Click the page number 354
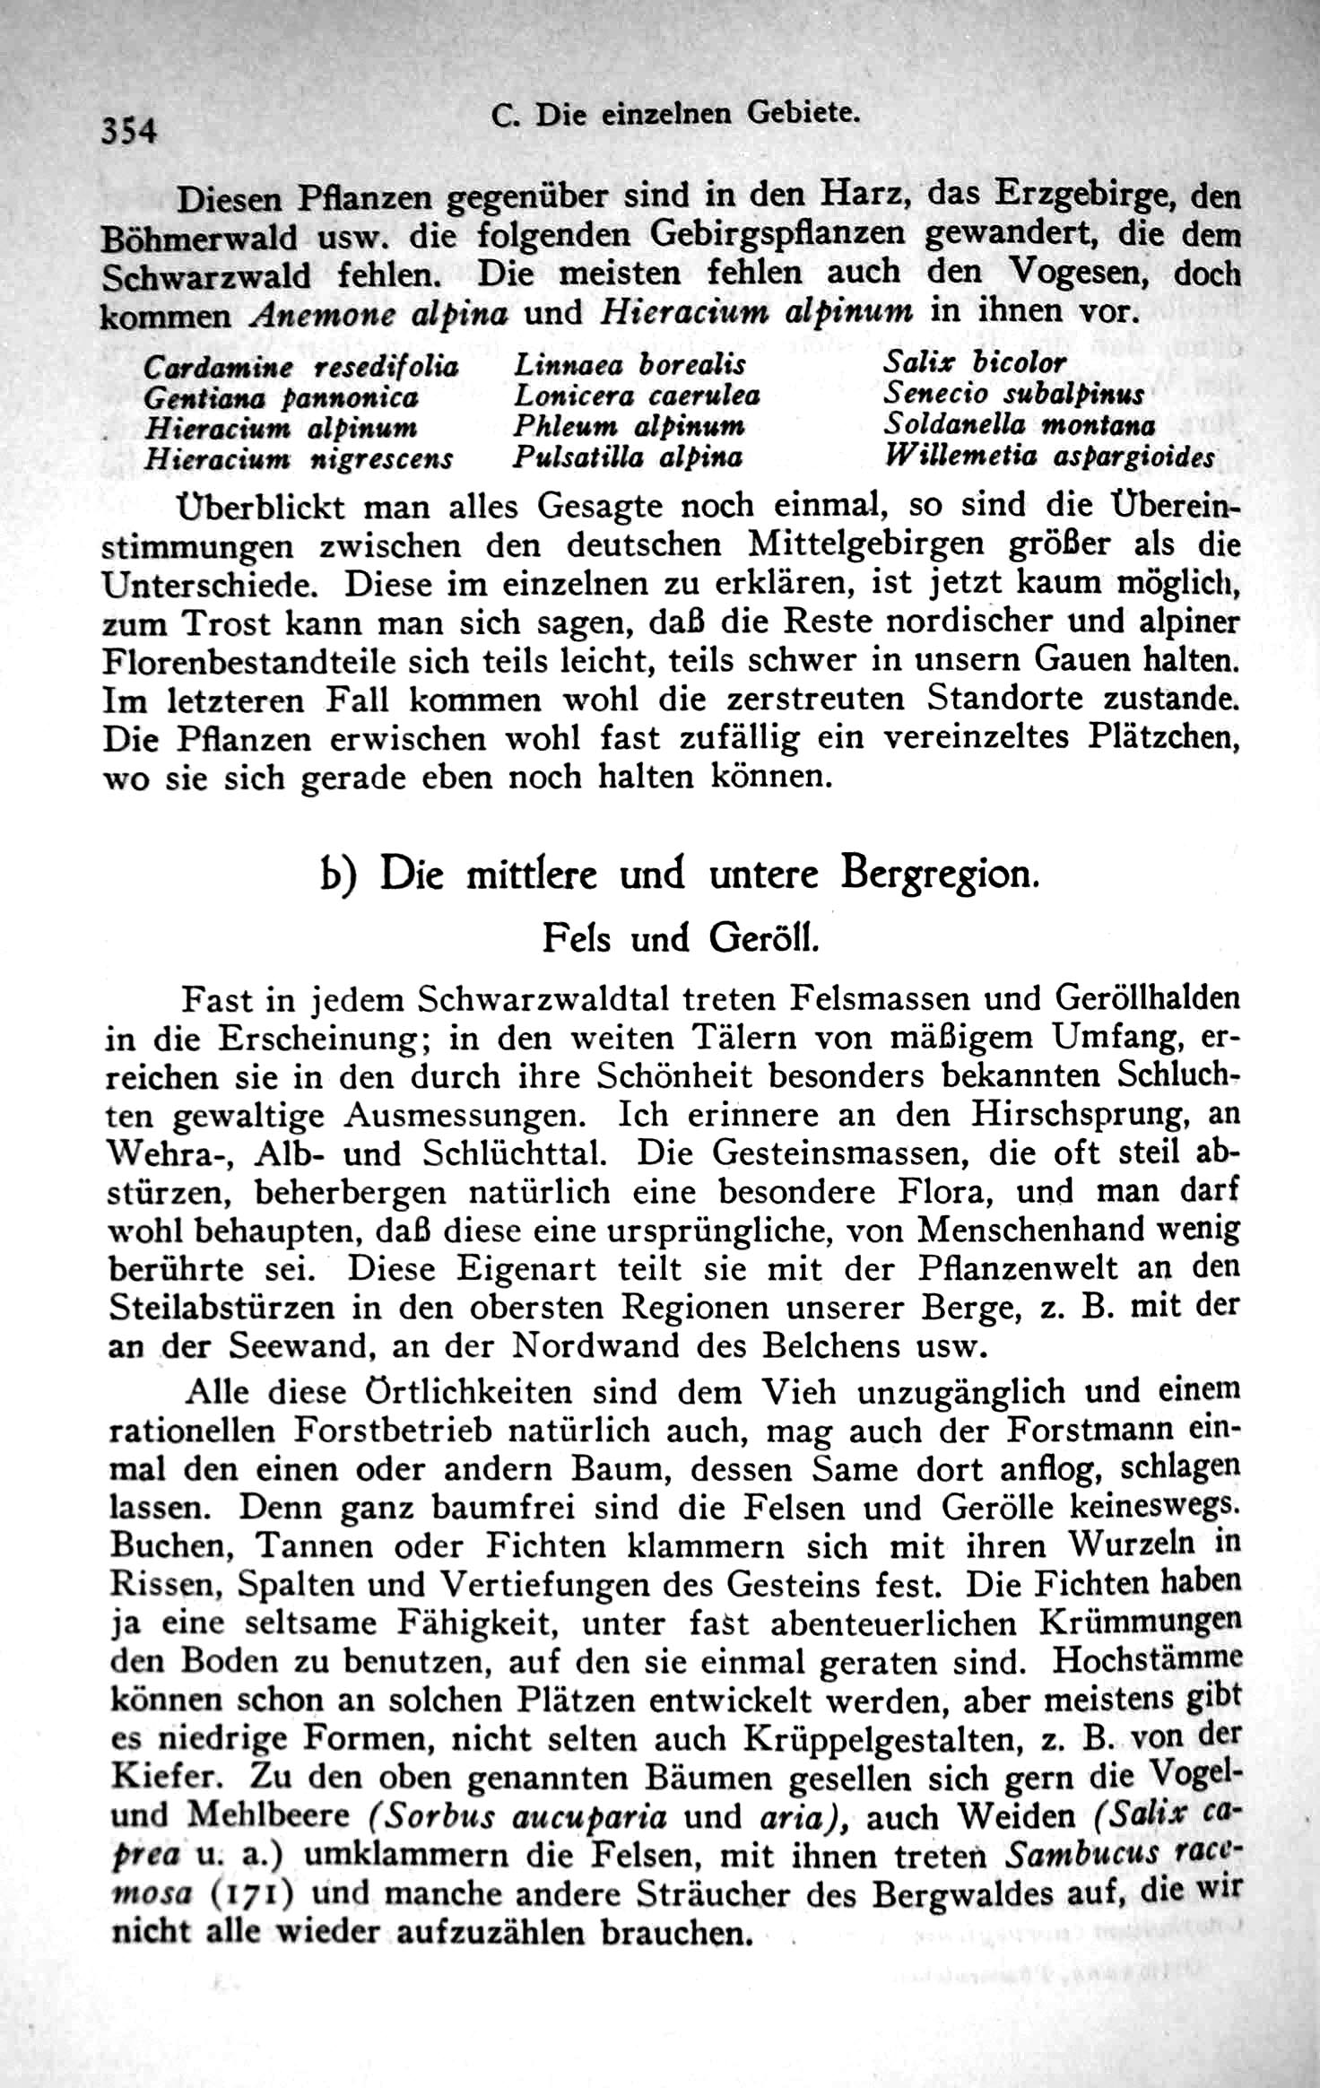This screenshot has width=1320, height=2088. click(129, 131)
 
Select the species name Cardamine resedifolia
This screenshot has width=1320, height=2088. click(300, 367)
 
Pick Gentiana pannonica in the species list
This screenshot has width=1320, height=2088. click(281, 397)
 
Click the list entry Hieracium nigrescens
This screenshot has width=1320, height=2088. click(299, 459)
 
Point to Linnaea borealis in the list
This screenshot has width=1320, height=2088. click(630, 364)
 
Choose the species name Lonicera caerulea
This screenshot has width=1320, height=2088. click(637, 395)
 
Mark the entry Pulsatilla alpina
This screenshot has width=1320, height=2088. click(628, 457)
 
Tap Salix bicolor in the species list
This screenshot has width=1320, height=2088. click(975, 362)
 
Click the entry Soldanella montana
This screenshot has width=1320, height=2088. click(1019, 424)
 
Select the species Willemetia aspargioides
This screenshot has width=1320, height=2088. click(1049, 457)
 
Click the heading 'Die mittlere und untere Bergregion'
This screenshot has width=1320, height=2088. click(708, 874)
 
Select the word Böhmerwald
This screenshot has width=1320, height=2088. click(199, 239)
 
